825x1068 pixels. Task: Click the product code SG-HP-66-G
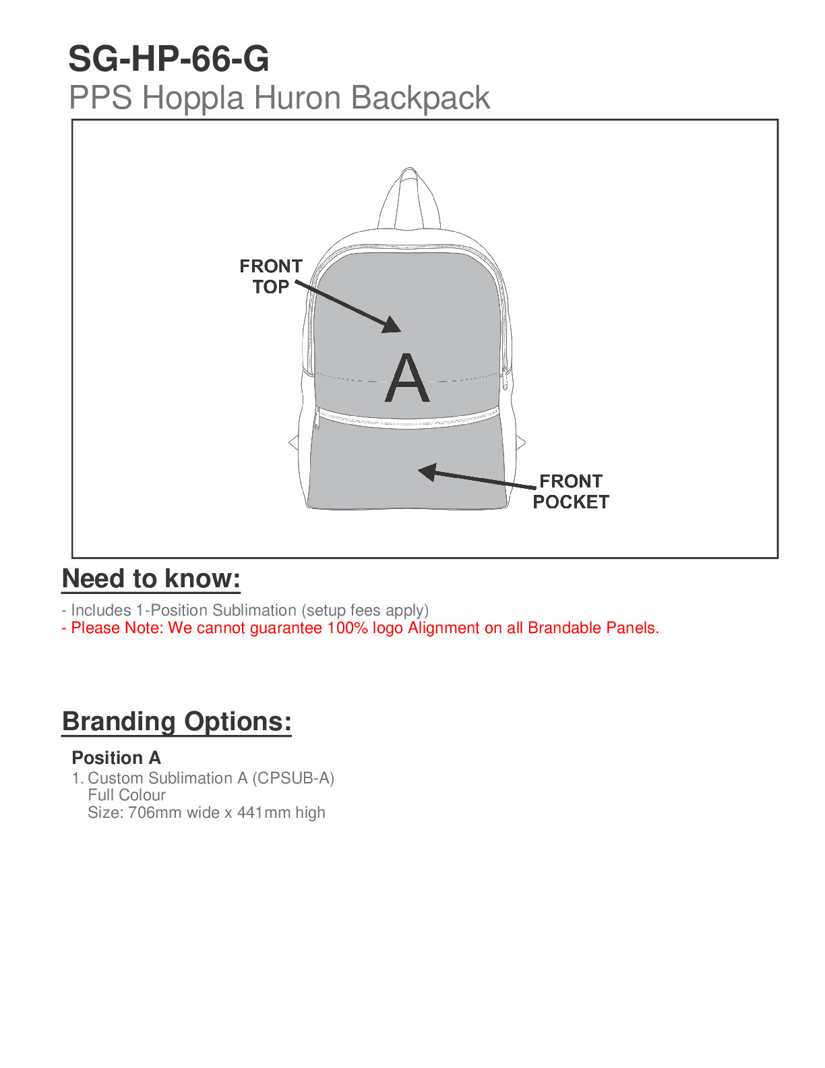click(169, 59)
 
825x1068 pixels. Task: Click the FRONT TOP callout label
click(271, 276)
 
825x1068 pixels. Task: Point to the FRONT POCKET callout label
click(570, 492)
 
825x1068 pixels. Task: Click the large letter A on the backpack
click(407, 379)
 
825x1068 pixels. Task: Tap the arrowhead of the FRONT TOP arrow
click(393, 326)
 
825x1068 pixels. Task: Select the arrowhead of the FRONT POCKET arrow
click(427, 471)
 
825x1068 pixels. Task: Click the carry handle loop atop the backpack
click(409, 196)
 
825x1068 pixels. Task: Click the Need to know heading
click(151, 579)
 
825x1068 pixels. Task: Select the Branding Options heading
click(177, 721)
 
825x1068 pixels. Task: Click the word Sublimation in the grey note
click(254, 610)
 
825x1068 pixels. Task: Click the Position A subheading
click(116, 758)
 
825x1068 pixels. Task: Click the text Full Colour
click(127, 796)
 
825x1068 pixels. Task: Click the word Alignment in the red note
click(444, 628)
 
